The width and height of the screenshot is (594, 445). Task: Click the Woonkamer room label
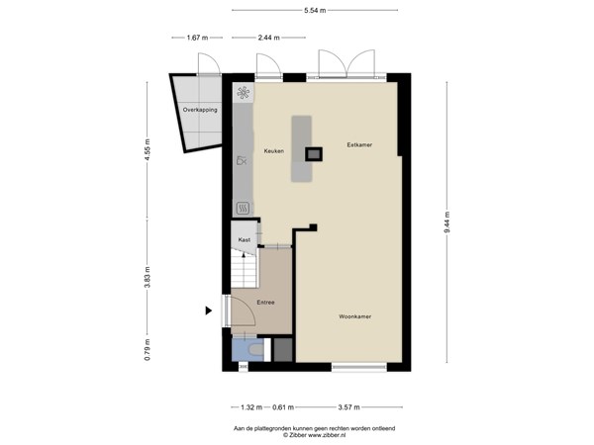pyautogui.click(x=354, y=317)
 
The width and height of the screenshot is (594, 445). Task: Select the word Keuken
pyautogui.click(x=273, y=151)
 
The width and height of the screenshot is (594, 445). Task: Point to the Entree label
pyautogui.click(x=265, y=302)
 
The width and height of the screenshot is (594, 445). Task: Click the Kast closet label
pyautogui.click(x=244, y=239)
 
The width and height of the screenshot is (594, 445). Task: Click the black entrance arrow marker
pyautogui.click(x=208, y=311)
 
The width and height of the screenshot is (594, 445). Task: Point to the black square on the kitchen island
pyautogui.click(x=313, y=153)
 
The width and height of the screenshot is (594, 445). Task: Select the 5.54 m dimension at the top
pyautogui.click(x=316, y=9)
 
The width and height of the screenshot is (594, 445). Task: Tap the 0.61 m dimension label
pyautogui.click(x=282, y=406)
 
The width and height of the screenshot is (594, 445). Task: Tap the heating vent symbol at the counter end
pyautogui.click(x=243, y=208)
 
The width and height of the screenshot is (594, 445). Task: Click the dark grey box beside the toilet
pyautogui.click(x=282, y=349)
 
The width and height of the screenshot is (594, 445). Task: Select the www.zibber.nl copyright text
pyautogui.click(x=315, y=434)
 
